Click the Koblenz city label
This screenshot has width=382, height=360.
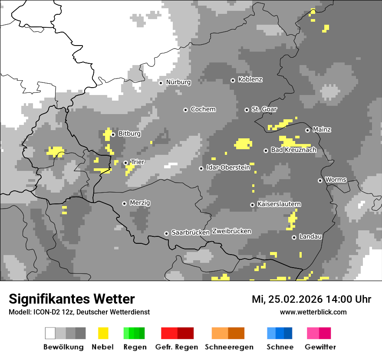tap(250, 80)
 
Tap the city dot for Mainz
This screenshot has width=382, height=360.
tap(307, 130)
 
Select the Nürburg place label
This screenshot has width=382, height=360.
tap(178, 82)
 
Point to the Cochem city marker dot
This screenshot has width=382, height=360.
tap(185, 110)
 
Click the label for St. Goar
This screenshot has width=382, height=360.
tap(264, 109)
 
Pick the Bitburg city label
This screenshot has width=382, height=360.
tap(129, 134)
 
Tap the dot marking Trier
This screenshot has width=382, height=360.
tap(125, 163)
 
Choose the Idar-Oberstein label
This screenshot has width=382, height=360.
tap(228, 168)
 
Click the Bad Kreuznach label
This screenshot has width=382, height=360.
tap(293, 150)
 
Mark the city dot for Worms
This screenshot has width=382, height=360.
tap(320, 180)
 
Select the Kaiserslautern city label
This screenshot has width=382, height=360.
tap(279, 204)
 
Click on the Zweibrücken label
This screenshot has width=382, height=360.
tap(231, 231)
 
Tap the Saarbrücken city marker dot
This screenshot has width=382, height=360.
tap(166, 233)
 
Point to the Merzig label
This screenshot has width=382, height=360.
tap(140, 203)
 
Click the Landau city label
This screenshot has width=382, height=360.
tap(310, 237)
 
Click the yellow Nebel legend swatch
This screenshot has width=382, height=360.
tap(103, 333)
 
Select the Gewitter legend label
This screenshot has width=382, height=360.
tap(320, 347)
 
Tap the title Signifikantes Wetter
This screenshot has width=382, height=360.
tap(72, 299)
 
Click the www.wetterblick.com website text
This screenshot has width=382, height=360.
tap(313, 312)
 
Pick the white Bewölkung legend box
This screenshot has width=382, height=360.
tap(50, 333)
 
